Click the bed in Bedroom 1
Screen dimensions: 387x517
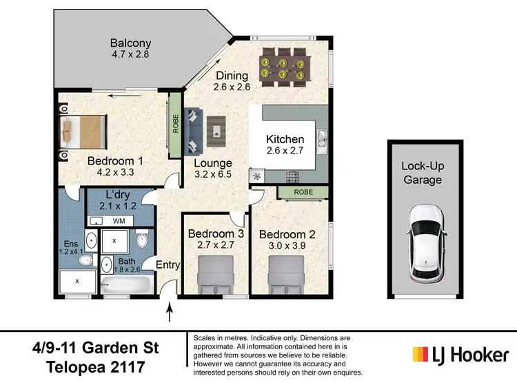pyautogui.click(x=82, y=131)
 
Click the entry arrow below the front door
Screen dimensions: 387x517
pyautogui.click(x=170, y=315)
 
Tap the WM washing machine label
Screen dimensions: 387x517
pyautogui.click(x=119, y=221)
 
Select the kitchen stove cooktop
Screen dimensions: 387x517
pyautogui.click(x=292, y=176)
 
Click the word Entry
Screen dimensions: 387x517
pyautogui.click(x=168, y=265)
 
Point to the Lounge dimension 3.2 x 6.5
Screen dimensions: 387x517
pyautogui.click(x=213, y=175)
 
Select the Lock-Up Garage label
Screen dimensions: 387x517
pyautogui.click(x=422, y=173)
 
